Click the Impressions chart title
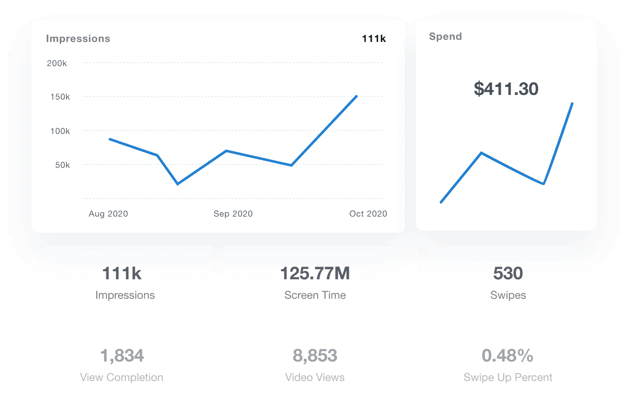click(x=78, y=39)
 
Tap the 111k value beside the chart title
click(x=374, y=39)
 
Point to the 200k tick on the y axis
click(x=57, y=63)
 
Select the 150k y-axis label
click(x=60, y=97)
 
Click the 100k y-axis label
click(x=60, y=131)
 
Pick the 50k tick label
click(x=62, y=165)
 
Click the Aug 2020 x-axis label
click(x=108, y=214)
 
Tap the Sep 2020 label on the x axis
click(x=233, y=214)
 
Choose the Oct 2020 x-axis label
click(x=368, y=214)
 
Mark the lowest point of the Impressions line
click(x=178, y=184)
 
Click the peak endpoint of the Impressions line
click(x=357, y=96)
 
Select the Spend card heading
click(x=445, y=36)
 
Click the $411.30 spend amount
click(x=506, y=89)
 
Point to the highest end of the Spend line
click(x=572, y=103)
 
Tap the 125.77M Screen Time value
click(x=315, y=273)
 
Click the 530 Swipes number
click(x=508, y=273)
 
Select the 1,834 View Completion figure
click(x=122, y=356)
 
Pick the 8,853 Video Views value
click(x=315, y=356)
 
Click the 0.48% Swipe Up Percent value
click(x=507, y=356)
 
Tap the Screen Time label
click(x=315, y=295)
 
